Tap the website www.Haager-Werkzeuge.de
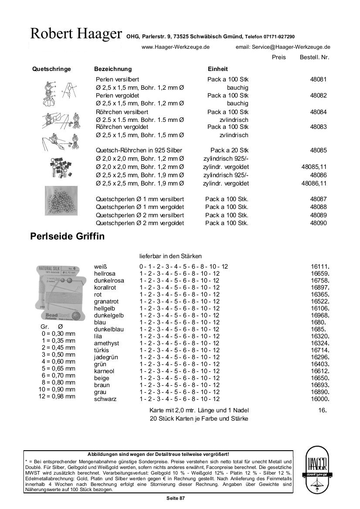pos(176,47)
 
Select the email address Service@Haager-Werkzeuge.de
pos(283,47)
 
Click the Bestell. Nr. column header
pos(314,57)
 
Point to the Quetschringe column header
pos(51,69)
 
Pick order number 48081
pos(318,79)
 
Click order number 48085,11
pos(314,167)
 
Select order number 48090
pos(318,223)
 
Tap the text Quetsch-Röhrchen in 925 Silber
pos(139,150)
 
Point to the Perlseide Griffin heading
pos(67,237)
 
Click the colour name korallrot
pos(105,287)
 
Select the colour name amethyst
pos(107,343)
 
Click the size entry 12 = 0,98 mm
pos(57,396)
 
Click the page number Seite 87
pos(176,498)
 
